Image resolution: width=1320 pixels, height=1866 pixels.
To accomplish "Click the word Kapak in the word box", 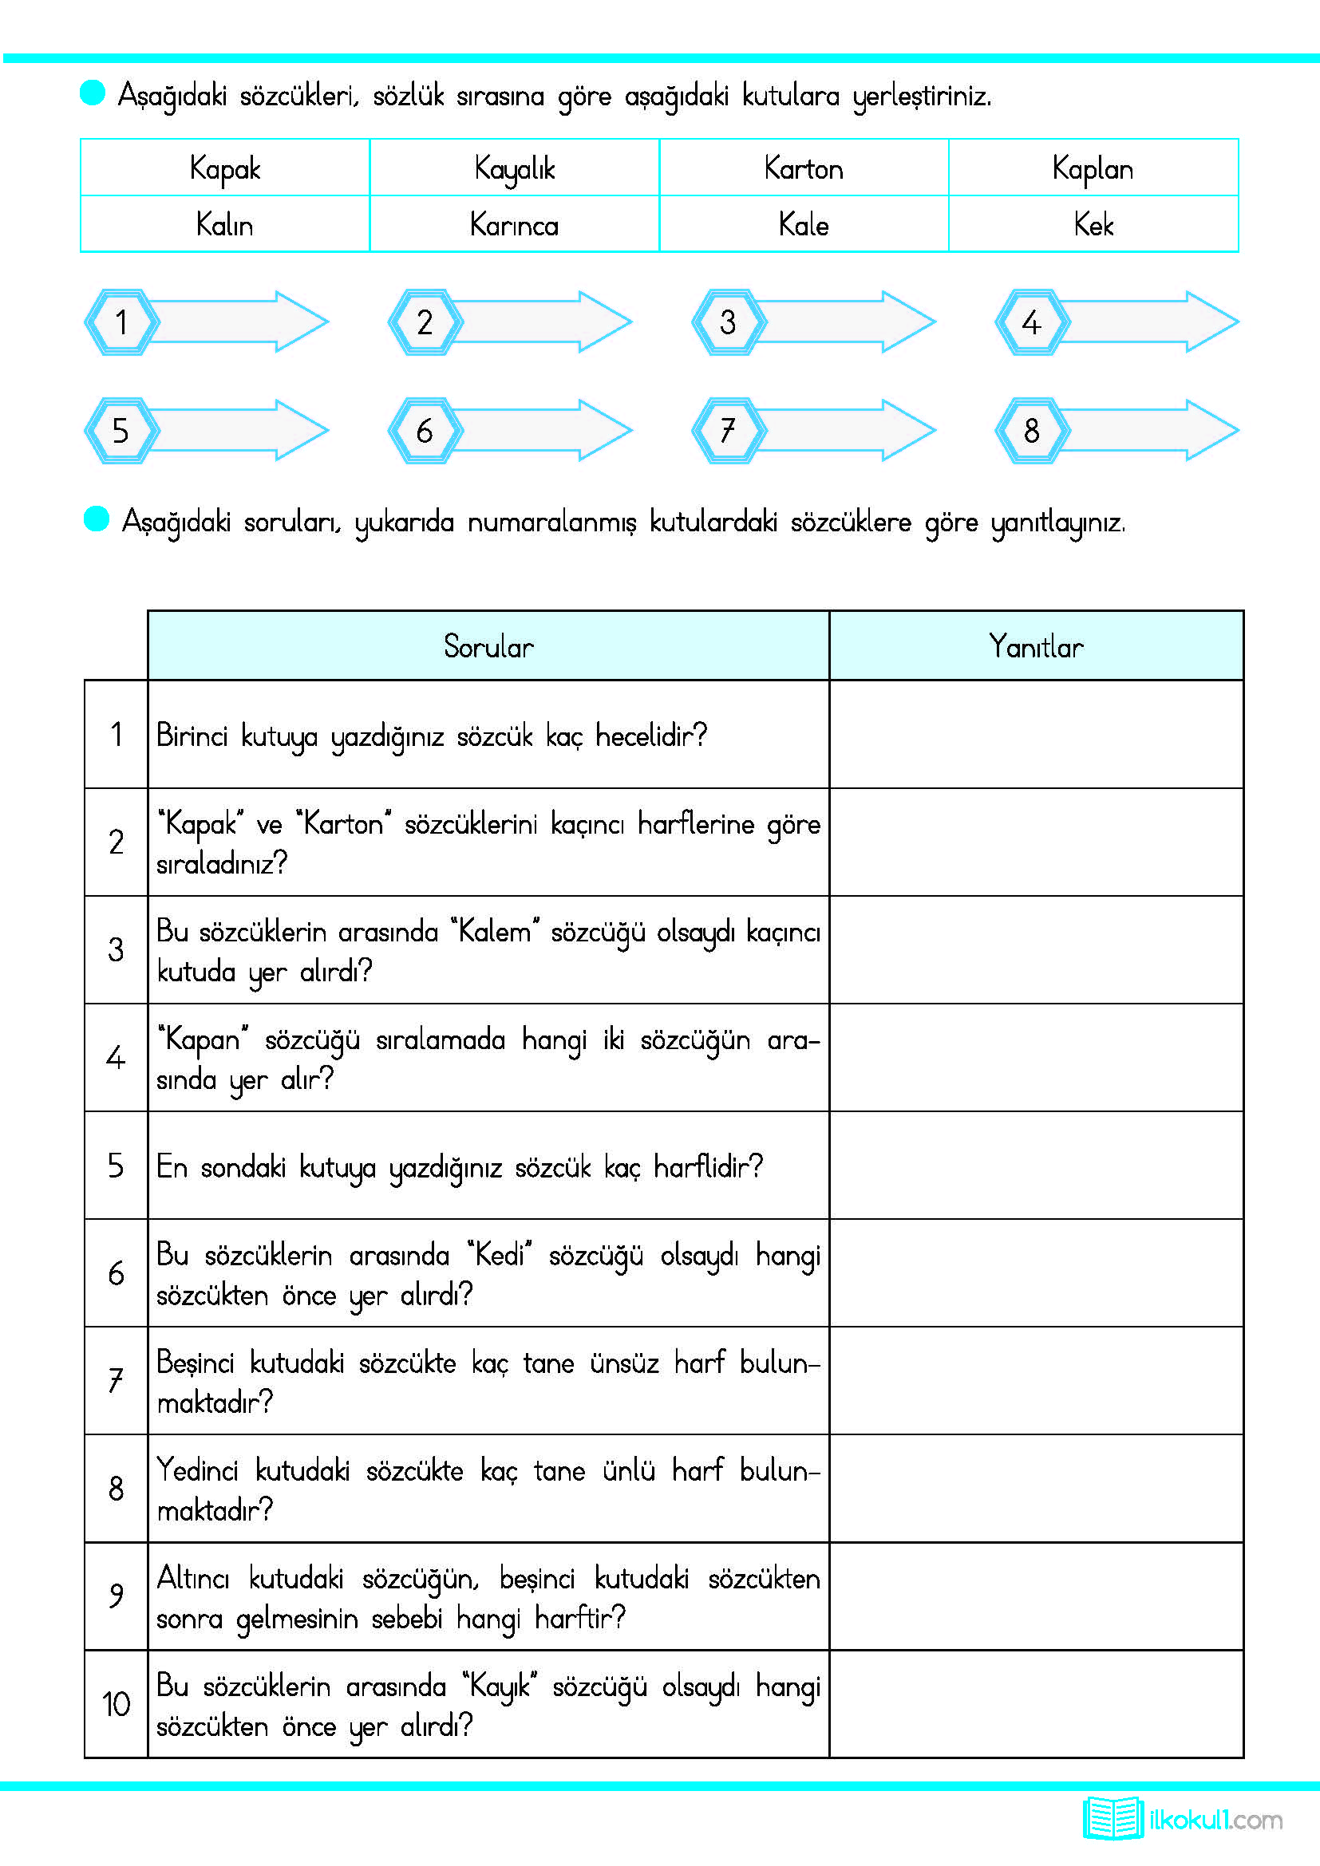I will pos(224,169).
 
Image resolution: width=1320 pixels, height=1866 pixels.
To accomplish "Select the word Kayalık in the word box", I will pos(514,169).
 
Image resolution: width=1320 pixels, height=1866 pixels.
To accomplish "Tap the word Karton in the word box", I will pos(803,169).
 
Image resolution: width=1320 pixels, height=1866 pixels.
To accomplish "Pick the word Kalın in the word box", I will pos(224,224).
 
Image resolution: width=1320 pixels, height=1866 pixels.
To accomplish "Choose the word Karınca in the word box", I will pos(514,224).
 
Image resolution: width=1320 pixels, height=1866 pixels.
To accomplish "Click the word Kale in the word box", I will pos(803,224).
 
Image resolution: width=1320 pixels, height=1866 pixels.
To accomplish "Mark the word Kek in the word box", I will pos(1093,224).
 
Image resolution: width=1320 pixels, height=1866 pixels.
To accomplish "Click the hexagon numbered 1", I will pos(121,322).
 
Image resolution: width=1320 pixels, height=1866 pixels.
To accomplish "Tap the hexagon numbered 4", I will pos(1030,322).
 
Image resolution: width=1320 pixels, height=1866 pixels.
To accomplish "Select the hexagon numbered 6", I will pos(425,430).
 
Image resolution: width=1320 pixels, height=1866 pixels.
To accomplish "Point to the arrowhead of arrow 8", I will pos(1211,430).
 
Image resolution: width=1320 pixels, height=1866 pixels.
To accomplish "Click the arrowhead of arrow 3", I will pos(908,322).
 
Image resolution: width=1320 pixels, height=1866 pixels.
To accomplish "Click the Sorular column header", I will pos(488,646).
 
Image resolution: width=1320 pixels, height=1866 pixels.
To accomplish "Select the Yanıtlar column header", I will pos(1036,646).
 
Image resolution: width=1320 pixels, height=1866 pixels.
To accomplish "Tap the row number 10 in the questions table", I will pos(117,1703).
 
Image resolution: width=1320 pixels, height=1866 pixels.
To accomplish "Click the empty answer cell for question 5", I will pos(1036,1166).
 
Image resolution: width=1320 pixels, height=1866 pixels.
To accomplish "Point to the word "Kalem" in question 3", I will pos(495,931).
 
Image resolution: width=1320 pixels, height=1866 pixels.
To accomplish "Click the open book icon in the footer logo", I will pos(1112,1818).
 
